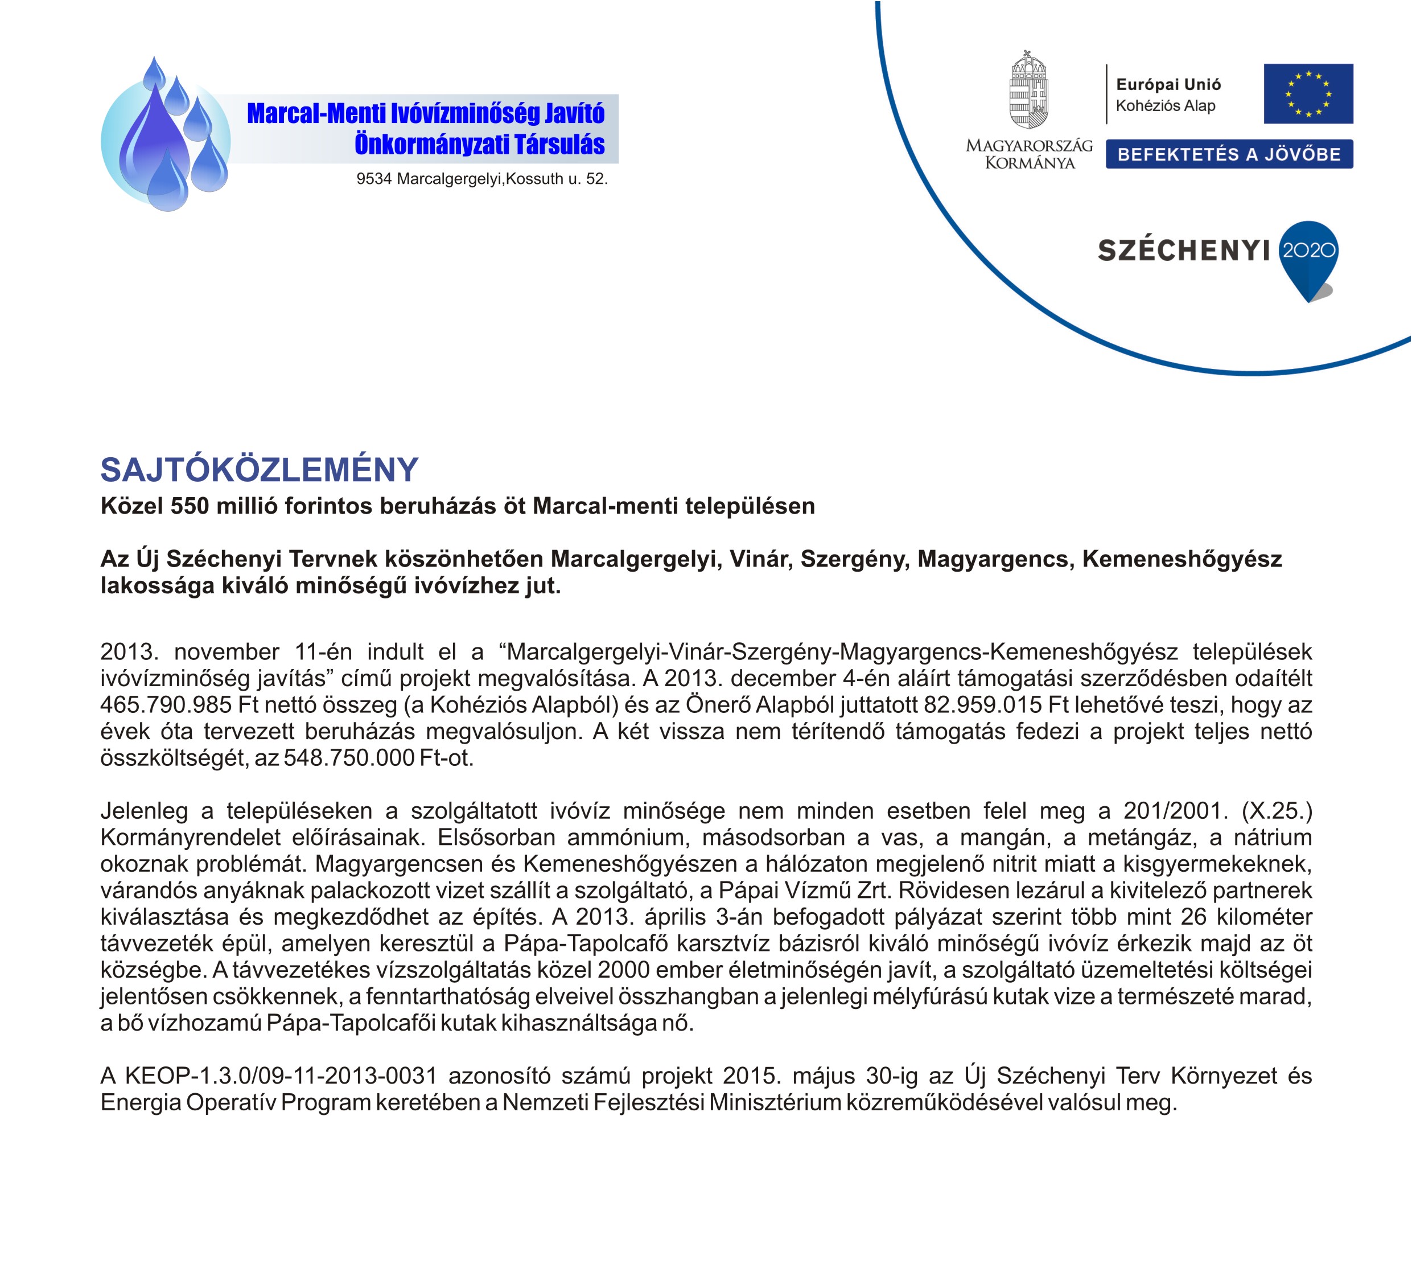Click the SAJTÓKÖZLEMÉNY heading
point(259,470)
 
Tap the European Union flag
point(1308,94)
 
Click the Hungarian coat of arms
point(1028,91)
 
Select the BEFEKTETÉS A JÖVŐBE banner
point(1229,154)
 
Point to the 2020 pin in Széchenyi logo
point(1308,252)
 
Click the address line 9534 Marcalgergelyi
point(482,179)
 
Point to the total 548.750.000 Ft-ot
point(378,758)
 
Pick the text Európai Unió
point(1168,85)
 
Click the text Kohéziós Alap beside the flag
point(1166,106)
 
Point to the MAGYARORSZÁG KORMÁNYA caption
point(1029,154)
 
